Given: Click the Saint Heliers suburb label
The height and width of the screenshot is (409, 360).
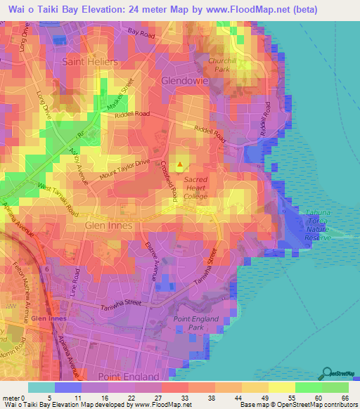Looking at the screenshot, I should (x=91, y=62).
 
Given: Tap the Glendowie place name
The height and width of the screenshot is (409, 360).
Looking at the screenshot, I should (x=186, y=80).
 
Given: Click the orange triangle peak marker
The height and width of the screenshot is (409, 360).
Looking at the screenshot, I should (x=180, y=166).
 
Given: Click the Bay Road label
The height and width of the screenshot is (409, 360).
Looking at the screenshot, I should (x=141, y=32).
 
